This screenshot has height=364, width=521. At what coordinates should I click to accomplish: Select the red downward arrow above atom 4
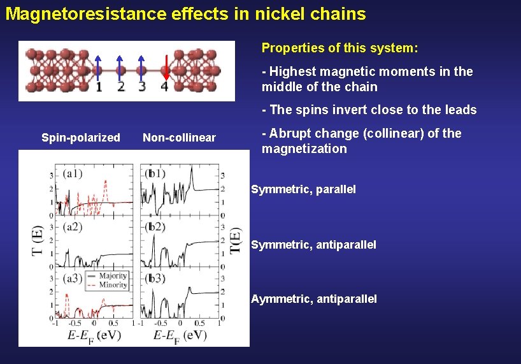(165, 66)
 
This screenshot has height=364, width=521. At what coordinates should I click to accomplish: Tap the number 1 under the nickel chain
(99, 87)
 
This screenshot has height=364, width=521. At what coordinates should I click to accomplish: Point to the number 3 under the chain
(141, 86)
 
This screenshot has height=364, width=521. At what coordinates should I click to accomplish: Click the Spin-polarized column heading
(81, 138)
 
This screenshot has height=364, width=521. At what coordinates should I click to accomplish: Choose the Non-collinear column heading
(180, 138)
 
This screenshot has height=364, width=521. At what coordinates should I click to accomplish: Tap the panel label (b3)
(155, 279)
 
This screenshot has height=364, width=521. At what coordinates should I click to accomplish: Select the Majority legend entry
(112, 276)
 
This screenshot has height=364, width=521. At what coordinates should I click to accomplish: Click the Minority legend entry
(112, 284)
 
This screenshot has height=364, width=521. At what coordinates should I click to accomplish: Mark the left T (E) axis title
(38, 240)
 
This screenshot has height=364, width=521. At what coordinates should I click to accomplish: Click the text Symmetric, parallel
(304, 189)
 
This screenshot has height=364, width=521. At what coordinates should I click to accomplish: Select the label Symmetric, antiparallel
(314, 244)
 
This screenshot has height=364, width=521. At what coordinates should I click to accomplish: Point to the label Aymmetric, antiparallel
(314, 299)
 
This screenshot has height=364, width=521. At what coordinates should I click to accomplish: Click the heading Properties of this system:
(339, 48)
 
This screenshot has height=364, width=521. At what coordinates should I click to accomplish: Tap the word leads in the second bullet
(460, 110)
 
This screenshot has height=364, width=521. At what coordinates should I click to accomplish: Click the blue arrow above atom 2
(120, 66)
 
